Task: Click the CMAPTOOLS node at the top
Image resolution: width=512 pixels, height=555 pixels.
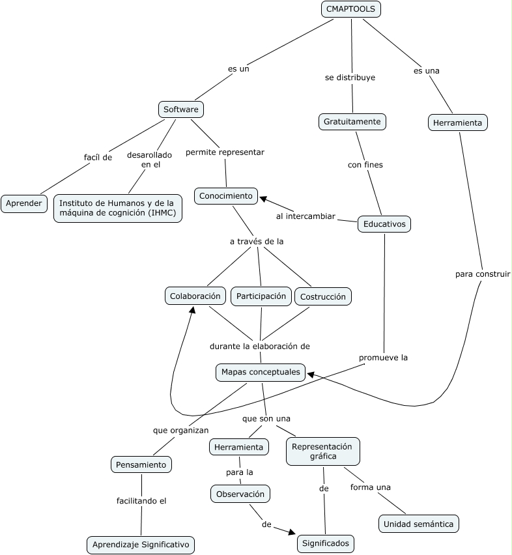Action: [351, 9]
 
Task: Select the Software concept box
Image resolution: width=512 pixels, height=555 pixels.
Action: [181, 109]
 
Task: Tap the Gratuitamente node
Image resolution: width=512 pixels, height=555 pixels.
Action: [352, 121]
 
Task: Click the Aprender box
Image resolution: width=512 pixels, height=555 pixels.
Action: [24, 203]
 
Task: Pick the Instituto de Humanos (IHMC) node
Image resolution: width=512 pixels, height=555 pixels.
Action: [117, 208]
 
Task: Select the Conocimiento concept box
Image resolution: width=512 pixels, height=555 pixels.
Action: [225, 196]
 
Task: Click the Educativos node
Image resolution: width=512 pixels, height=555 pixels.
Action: [384, 224]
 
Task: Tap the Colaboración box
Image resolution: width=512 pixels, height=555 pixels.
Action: [196, 296]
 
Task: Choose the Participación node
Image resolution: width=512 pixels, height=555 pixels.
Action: [261, 296]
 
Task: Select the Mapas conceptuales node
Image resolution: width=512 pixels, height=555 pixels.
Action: [261, 372]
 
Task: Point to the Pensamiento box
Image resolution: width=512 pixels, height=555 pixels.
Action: [141, 464]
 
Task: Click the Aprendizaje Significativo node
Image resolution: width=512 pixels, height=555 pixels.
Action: [141, 545]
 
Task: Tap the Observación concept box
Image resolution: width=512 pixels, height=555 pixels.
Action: [240, 494]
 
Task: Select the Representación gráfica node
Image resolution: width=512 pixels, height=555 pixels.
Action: [322, 451]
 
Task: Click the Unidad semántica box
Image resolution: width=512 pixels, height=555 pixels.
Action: [419, 524]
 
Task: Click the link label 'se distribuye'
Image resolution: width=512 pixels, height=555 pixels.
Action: [350, 78]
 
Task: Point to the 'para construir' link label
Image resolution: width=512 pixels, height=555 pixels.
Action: [483, 274]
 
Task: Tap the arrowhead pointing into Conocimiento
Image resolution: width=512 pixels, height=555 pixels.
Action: [264, 197]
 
